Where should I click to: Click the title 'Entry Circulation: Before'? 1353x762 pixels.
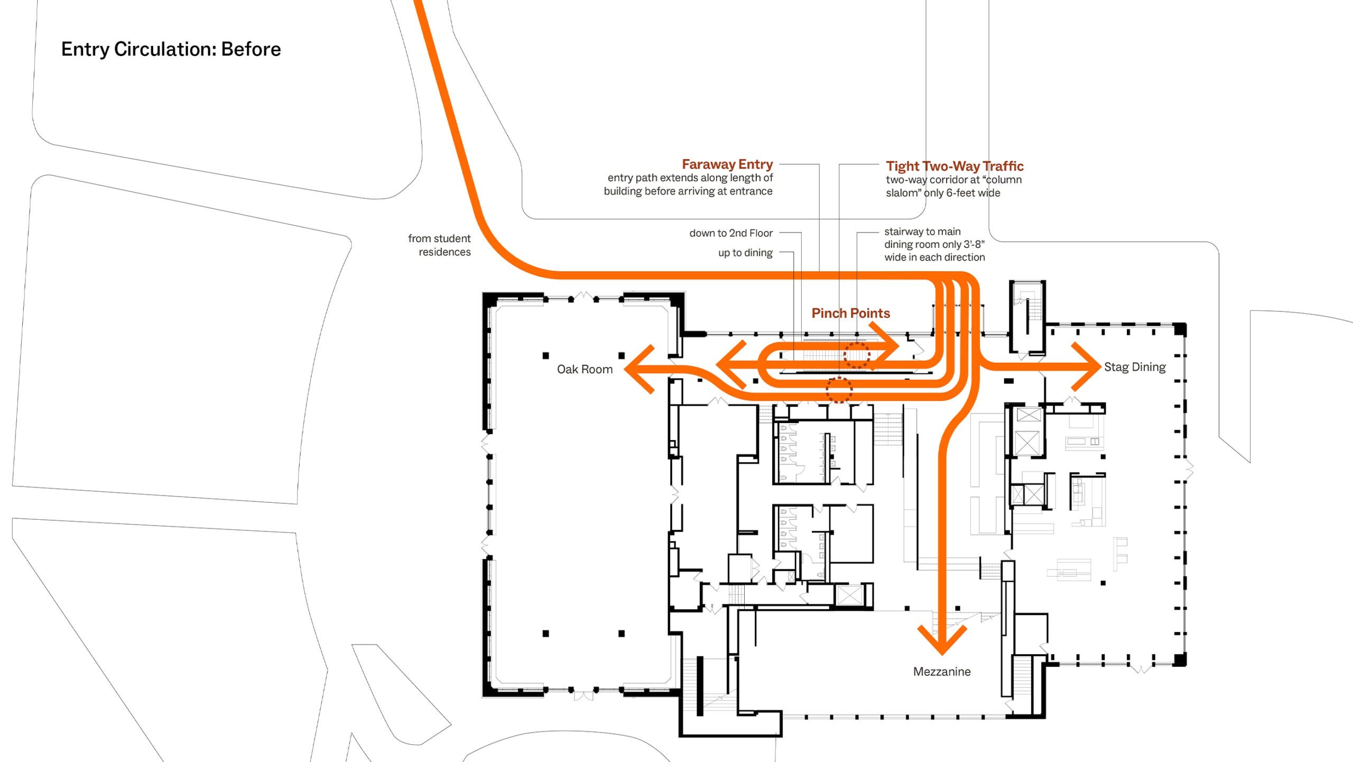tap(171, 49)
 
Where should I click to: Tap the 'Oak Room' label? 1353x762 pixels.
tap(585, 369)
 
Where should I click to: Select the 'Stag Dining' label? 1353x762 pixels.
tap(1135, 367)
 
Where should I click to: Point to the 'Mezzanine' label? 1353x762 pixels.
tap(942, 672)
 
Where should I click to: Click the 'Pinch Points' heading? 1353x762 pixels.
tap(851, 313)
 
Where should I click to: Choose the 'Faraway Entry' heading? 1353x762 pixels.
tap(727, 164)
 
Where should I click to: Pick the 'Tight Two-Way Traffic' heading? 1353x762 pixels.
tap(955, 166)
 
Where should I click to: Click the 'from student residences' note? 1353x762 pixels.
tap(439, 245)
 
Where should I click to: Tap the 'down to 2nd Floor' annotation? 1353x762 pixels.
tap(731, 233)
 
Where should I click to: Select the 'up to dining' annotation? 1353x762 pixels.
tap(745, 253)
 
